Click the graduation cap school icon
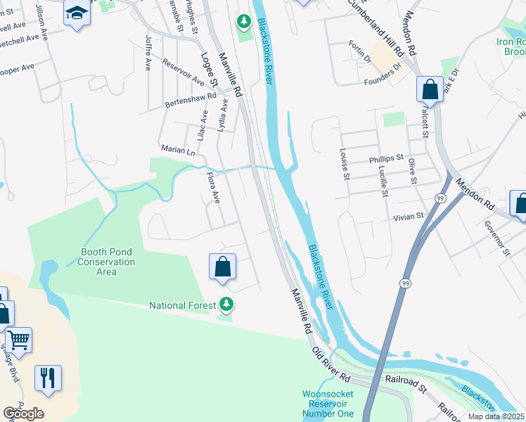coord(76,13)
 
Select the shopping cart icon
coord(18,340)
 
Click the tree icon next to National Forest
coord(226,305)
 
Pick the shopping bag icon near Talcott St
coord(430,90)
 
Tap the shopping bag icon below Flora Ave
coord(222,267)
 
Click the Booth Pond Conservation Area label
coord(107,262)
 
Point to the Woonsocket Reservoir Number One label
coord(328,404)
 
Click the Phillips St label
coord(386,159)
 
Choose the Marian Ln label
coord(178,151)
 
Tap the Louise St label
coord(345,162)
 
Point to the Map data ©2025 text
coord(496,416)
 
